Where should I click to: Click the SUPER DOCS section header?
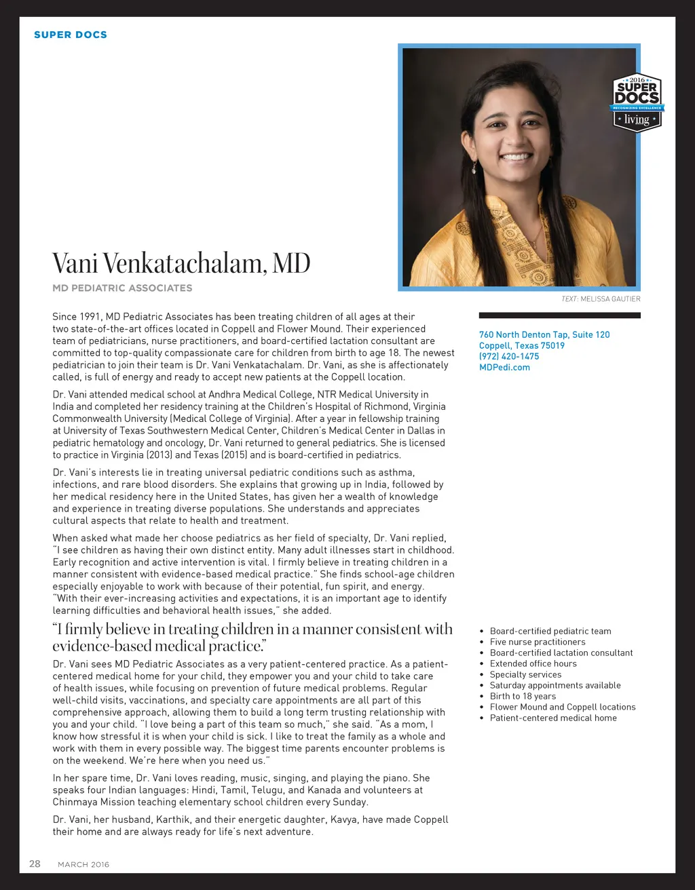tap(71, 35)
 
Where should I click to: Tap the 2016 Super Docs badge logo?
tap(637, 102)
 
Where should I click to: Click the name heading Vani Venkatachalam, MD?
tap(181, 263)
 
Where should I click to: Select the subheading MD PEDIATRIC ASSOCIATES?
tap(122, 288)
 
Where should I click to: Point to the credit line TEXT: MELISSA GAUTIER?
tap(601, 298)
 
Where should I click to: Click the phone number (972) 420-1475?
tap(509, 356)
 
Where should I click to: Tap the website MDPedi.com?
tap(504, 367)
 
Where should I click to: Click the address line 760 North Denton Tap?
tap(544, 334)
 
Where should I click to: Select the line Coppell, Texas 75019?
tap(522, 345)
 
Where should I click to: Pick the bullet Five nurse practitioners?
tap(538, 642)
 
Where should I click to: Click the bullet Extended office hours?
tap(533, 663)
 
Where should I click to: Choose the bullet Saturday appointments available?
tap(555, 685)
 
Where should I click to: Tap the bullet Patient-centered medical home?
tap(553, 718)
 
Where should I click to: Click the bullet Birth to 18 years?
tap(523, 696)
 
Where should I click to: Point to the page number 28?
tap(35, 864)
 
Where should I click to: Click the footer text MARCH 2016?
tap(83, 864)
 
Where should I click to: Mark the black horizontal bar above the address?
tap(559, 315)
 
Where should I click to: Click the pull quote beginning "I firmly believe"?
tap(252, 637)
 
